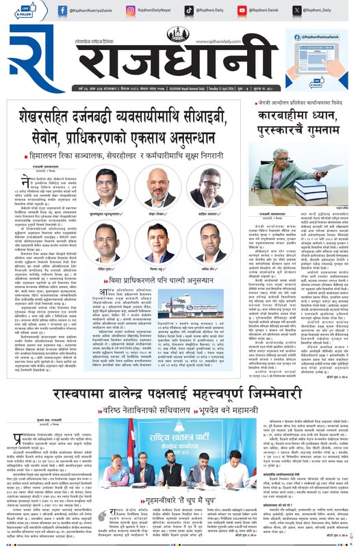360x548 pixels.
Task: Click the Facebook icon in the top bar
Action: coord(62,10)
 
